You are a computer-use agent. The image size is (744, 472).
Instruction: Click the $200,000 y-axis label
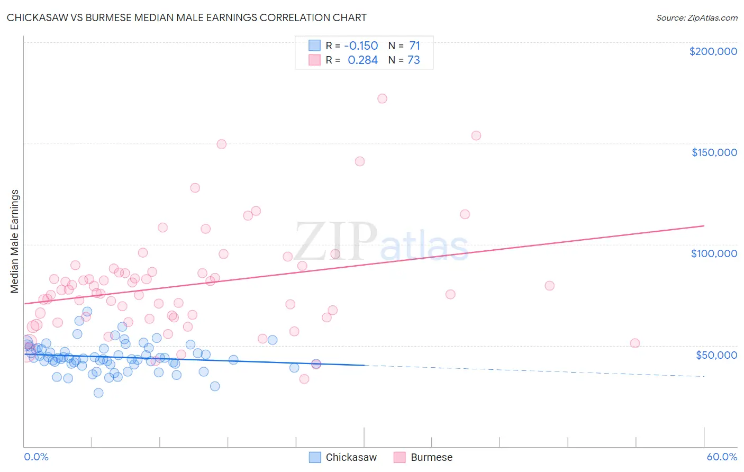[713, 51]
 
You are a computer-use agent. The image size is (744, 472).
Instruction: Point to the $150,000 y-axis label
[714, 152]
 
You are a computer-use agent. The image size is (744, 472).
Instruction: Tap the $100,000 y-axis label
[714, 253]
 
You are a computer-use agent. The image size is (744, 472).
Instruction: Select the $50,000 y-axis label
[716, 355]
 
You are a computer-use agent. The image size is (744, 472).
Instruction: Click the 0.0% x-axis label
[36, 457]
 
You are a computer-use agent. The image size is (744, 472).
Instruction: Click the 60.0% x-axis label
[721, 457]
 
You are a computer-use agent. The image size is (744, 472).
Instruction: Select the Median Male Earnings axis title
[15, 241]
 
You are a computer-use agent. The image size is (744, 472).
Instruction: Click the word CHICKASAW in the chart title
[38, 17]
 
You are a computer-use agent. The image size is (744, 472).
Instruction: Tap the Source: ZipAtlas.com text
[696, 17]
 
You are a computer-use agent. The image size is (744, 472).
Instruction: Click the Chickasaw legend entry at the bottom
[343, 457]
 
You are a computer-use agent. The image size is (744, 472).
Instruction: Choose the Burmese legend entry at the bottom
[423, 457]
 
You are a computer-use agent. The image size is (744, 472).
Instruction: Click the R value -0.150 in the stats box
[361, 46]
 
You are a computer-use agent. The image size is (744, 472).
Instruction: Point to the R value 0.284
[362, 60]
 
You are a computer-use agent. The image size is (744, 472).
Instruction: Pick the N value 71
[414, 46]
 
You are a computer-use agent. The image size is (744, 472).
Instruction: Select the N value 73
[414, 60]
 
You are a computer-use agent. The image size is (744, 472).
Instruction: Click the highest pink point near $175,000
[382, 98]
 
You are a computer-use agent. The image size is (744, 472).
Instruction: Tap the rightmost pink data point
[635, 343]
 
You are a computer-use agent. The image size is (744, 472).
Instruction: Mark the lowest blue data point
[98, 393]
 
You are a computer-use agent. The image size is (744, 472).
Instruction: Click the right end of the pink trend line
[704, 226]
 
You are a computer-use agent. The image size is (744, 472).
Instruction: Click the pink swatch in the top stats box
[314, 60]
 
